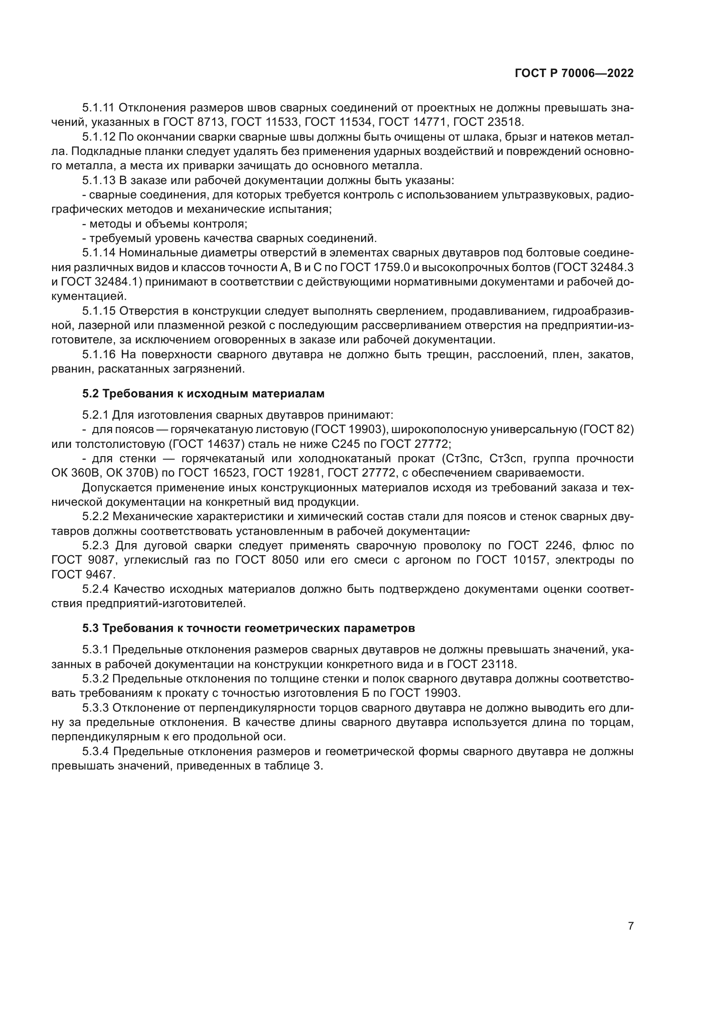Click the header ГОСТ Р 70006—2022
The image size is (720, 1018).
[x=574, y=74]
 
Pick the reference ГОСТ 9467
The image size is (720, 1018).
[x=83, y=575]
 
